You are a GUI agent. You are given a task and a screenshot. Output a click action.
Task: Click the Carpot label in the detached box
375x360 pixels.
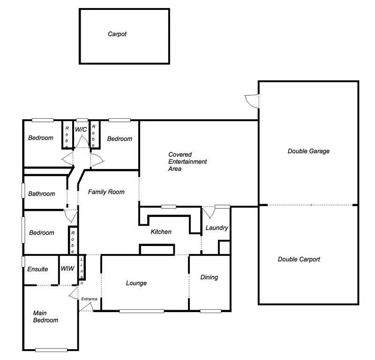point(117,34)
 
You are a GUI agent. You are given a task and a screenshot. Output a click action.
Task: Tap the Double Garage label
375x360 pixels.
point(308,151)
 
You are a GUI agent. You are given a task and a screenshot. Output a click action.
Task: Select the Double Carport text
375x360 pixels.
point(299,259)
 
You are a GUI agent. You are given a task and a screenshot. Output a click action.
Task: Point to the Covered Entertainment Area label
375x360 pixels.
point(187,161)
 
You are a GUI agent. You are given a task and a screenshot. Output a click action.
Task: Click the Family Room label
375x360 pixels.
point(106,192)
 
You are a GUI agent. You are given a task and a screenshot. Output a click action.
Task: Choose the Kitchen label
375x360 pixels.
point(161,232)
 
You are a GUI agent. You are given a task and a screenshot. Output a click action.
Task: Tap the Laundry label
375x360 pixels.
point(217,228)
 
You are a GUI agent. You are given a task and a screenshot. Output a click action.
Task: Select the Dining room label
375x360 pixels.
point(209,277)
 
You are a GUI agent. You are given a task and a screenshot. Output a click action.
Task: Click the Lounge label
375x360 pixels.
point(136,283)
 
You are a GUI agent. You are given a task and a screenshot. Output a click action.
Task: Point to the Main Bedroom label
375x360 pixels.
point(45,316)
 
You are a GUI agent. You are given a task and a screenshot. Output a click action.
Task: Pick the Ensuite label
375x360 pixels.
point(37,269)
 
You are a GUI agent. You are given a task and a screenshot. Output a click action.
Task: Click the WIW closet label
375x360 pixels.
point(67,269)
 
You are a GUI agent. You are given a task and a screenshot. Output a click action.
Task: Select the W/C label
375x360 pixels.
point(82,129)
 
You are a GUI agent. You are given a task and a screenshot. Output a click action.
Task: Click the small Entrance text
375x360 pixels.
point(89,299)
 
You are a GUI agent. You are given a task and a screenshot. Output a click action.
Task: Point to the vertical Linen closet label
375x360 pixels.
point(82,271)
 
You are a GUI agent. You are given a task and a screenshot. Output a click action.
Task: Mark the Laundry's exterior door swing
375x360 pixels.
point(210,212)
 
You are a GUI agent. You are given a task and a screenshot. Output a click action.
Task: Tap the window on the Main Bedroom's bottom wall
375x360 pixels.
point(51,350)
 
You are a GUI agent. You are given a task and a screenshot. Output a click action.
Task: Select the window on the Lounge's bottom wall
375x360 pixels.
point(142,311)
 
